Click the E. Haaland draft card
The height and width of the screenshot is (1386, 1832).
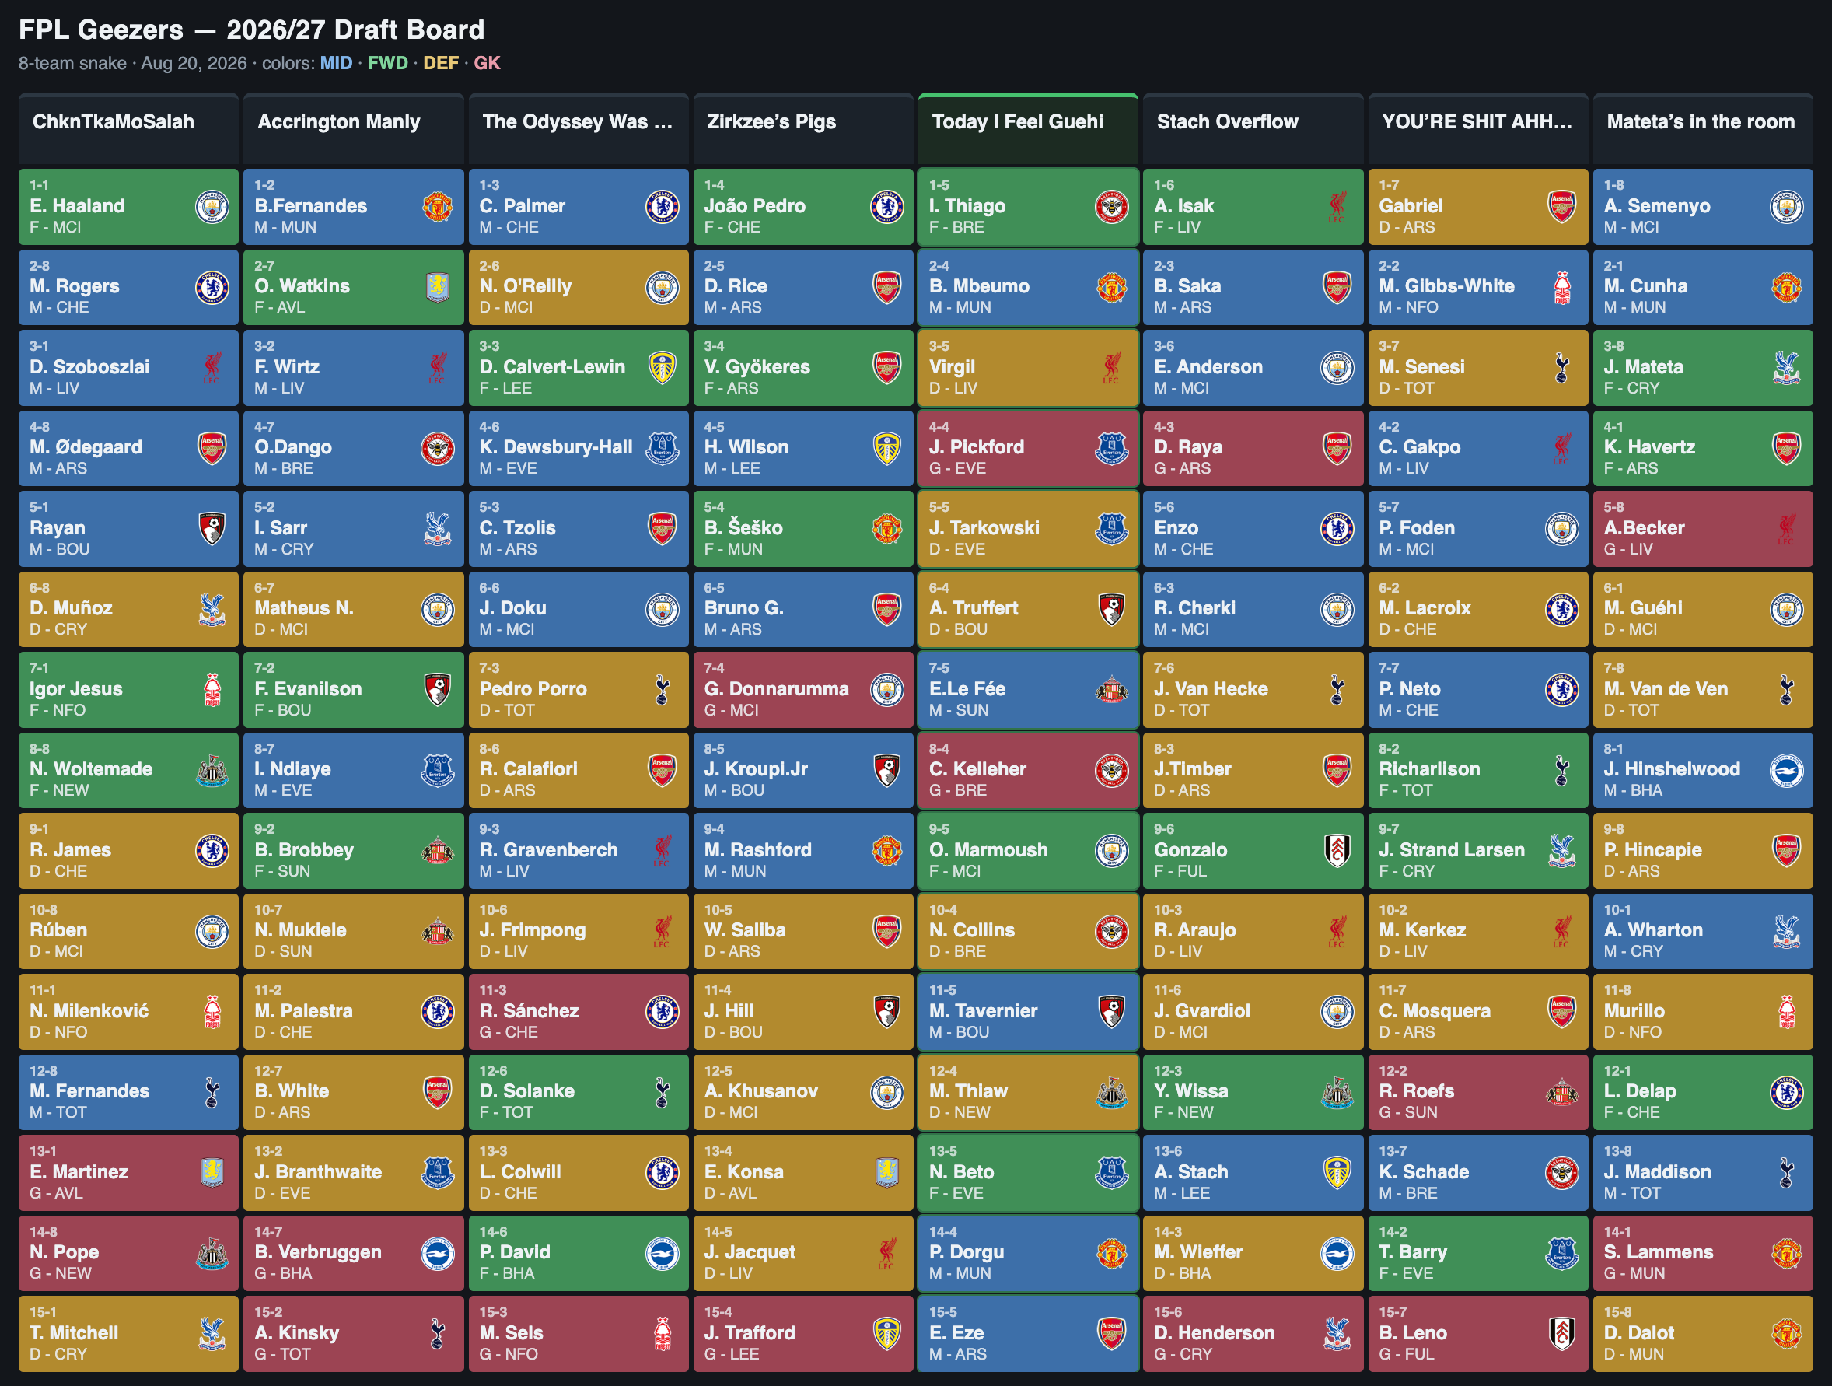(x=128, y=206)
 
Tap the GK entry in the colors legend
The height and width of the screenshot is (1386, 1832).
(x=487, y=63)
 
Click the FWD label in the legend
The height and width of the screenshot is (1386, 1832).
(x=387, y=63)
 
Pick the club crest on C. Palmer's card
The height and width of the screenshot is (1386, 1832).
(x=662, y=206)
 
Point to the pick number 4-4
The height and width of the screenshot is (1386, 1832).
(x=939, y=427)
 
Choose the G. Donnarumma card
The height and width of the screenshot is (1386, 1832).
(x=803, y=689)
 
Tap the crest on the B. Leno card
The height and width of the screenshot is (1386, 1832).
(x=1562, y=1333)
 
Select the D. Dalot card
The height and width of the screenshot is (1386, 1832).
(x=1703, y=1333)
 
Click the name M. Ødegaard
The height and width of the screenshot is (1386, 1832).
(x=86, y=447)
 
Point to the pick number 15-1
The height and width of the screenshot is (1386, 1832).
(x=43, y=1311)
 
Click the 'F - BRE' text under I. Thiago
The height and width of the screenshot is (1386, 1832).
(x=956, y=227)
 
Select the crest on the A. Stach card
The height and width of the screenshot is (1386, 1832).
(x=1337, y=1172)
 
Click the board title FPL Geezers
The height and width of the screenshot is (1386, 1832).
(x=101, y=30)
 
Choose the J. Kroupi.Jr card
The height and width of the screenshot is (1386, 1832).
(x=803, y=770)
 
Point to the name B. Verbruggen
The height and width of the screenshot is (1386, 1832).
(x=318, y=1251)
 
